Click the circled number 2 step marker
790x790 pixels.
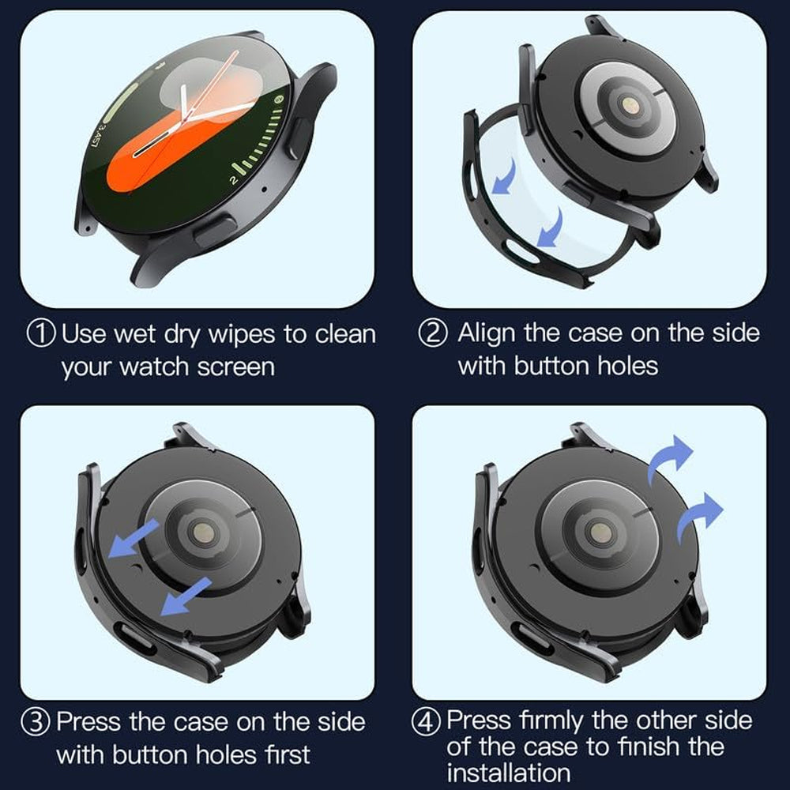point(432,333)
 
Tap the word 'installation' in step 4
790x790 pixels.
point(508,772)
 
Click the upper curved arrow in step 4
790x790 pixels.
point(670,457)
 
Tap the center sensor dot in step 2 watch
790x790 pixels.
point(629,104)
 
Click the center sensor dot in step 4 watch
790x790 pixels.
point(600,532)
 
